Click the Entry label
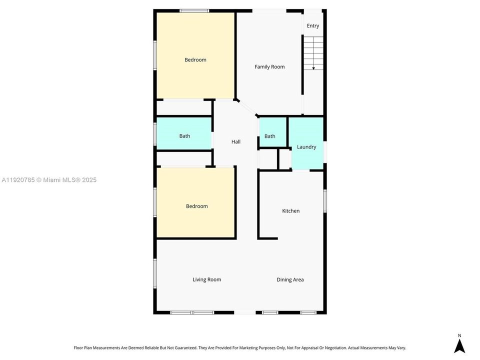pyautogui.click(x=313, y=26)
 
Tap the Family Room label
pyautogui.click(x=269, y=67)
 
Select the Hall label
pyautogui.click(x=236, y=142)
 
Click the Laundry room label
pyautogui.click(x=306, y=147)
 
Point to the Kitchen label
pyautogui.click(x=291, y=211)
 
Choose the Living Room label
pyautogui.click(x=207, y=280)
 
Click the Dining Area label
pyautogui.click(x=290, y=280)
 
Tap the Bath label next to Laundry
pyautogui.click(x=270, y=136)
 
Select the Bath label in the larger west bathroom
pyautogui.click(x=184, y=136)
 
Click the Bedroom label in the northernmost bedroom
pyautogui.click(x=195, y=60)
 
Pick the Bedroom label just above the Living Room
pyautogui.click(x=196, y=206)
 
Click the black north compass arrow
pyautogui.click(x=459, y=346)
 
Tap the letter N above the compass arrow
pyautogui.click(x=459, y=335)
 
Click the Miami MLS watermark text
pyautogui.click(x=49, y=180)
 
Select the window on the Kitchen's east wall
pyautogui.click(x=324, y=200)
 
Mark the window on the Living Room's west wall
pyautogui.click(x=155, y=273)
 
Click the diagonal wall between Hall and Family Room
pyautogui.click(x=246, y=107)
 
